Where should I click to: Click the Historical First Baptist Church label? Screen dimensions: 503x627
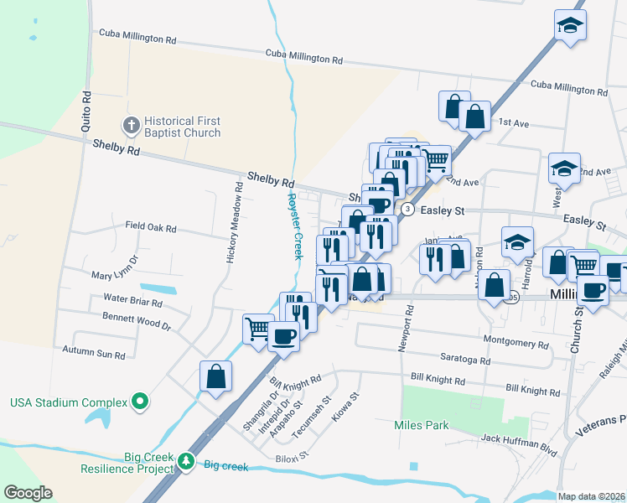pos(181,127)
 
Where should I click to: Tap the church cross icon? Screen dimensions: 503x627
pos(130,127)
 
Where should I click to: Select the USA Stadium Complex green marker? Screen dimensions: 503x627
pos(141,403)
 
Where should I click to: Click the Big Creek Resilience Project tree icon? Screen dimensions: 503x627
pos(185,461)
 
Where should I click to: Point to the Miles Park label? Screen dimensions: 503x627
pos(421,425)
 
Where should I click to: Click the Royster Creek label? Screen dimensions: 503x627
pos(294,226)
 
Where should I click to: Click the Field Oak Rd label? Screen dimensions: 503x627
pos(151,228)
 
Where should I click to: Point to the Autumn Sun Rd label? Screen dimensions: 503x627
pos(94,355)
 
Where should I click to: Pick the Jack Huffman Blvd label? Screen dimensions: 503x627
pos(520,444)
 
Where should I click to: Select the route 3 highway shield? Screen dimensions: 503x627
pos(407,209)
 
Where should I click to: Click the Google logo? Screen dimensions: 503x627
pos(28,492)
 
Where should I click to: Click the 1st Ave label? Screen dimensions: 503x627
pos(514,123)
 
